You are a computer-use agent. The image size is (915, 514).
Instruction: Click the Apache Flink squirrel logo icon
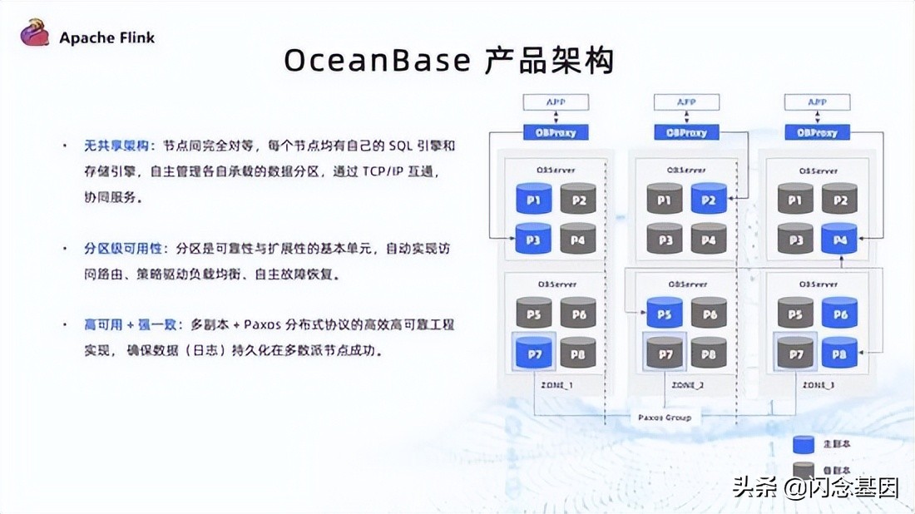(35, 34)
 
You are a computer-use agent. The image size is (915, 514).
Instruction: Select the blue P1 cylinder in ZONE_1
(533, 200)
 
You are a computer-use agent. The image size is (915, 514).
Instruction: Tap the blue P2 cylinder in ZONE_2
(709, 200)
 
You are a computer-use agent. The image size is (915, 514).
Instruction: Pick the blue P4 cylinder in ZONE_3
(839, 240)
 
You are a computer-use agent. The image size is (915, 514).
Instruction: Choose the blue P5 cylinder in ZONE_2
(665, 314)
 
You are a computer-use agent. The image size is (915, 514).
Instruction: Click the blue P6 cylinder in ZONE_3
(839, 314)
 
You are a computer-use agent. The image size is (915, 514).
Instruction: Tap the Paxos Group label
(665, 417)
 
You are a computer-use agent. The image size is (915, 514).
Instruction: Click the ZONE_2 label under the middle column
(686, 385)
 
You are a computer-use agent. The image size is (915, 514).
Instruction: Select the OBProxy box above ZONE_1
(556, 132)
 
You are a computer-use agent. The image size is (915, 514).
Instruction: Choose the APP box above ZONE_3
(818, 102)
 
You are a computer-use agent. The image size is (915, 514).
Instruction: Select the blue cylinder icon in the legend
(804, 444)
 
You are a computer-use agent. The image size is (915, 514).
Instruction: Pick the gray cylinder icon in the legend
(804, 471)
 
